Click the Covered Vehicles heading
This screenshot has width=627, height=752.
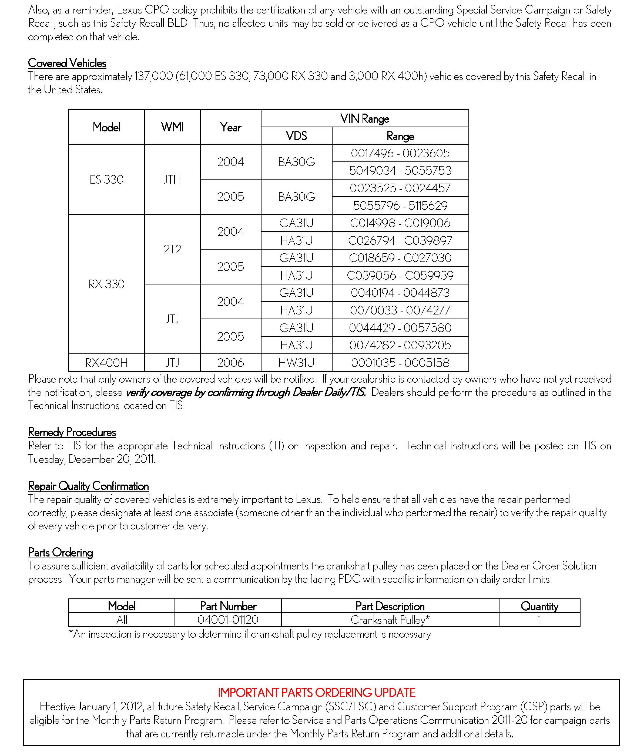point(67,63)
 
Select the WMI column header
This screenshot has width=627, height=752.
point(172,127)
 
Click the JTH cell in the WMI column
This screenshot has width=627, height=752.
point(172,179)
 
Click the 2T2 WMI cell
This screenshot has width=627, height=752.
point(172,249)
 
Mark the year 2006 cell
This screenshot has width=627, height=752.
point(230,363)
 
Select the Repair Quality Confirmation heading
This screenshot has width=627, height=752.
point(88,486)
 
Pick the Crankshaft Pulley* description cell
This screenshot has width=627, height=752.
point(390,620)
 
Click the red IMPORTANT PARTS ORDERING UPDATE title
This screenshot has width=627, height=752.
point(317,693)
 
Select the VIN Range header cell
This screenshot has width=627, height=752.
point(364,118)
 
